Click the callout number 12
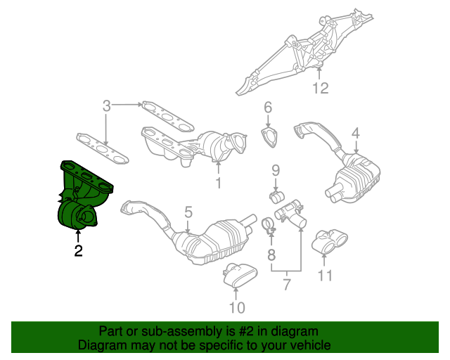pos(321,89)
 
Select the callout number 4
pos(355,133)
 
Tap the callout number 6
pos(267,108)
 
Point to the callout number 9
pos(276,169)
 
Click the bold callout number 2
pos(78,250)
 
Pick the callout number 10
pos(236,307)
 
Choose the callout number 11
pos(323,276)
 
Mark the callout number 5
pos(188,211)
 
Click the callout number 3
pos(106,107)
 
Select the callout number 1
pos(218,184)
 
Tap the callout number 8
pos(271,253)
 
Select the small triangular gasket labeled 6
pos(269,136)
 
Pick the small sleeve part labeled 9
pos(276,193)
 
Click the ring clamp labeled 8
pos(267,226)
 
